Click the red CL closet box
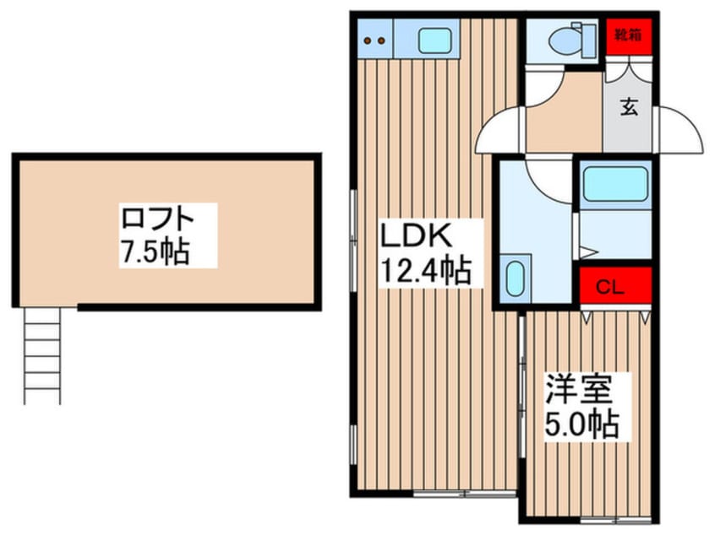tap(615, 287)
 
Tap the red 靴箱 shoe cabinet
tap(629, 36)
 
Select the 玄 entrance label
tap(630, 107)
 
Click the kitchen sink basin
tap(434, 39)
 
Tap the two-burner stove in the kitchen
tap(374, 39)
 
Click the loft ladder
tap(42, 354)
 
